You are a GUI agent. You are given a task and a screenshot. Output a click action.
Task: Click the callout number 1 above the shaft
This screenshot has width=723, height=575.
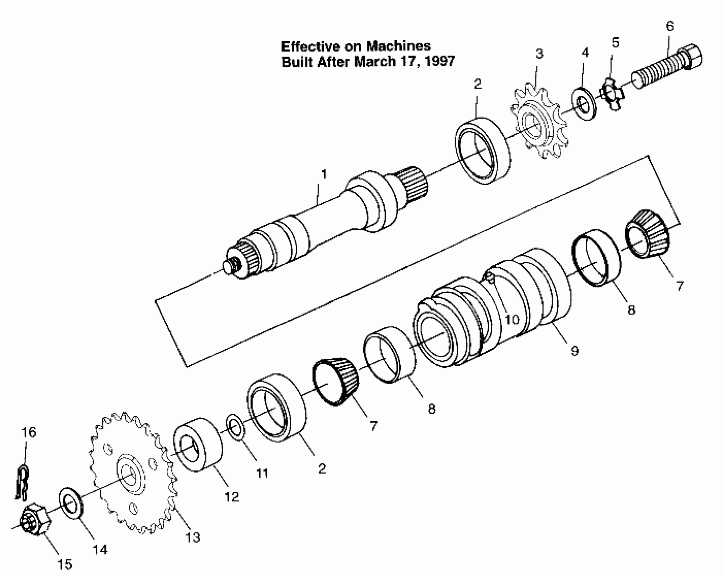[x=324, y=175]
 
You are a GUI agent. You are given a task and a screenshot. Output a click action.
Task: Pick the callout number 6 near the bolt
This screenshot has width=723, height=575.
[x=670, y=26]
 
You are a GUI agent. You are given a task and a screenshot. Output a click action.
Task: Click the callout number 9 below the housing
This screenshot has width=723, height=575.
[x=574, y=351]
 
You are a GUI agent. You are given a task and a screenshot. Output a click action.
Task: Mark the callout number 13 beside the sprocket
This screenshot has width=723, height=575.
[x=192, y=537]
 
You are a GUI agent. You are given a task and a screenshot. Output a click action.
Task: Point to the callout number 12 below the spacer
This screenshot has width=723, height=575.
[x=232, y=497]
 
